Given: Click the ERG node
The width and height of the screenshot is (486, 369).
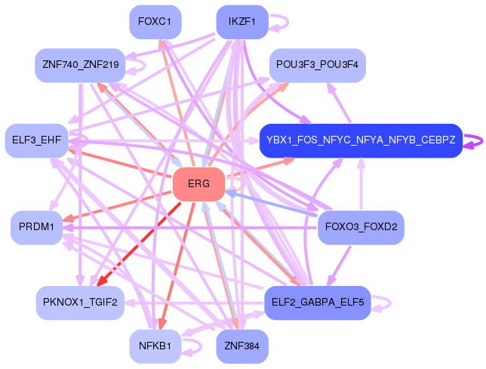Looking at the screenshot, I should pyautogui.click(x=198, y=184).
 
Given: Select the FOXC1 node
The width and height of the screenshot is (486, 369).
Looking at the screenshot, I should pyautogui.click(x=155, y=22).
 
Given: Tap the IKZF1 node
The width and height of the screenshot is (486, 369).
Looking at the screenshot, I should pyautogui.click(x=242, y=22).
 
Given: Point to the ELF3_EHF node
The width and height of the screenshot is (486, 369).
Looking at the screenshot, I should pyautogui.click(x=37, y=140).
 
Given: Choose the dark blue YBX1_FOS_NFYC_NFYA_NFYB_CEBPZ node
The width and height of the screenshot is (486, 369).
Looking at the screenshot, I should pyautogui.click(x=360, y=140).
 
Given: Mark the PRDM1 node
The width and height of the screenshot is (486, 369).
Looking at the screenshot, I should pyautogui.click(x=36, y=227).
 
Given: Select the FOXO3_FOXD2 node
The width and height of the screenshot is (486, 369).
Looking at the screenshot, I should pyautogui.click(x=361, y=227).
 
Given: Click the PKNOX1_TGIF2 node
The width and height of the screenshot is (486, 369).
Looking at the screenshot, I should pyautogui.click(x=80, y=302).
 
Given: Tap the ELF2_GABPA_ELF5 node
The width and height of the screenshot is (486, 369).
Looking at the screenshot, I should pyautogui.click(x=317, y=302).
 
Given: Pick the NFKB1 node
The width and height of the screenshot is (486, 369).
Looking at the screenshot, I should pyautogui.click(x=155, y=346).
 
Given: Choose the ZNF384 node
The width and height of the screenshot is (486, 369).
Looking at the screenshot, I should pyautogui.click(x=241, y=346).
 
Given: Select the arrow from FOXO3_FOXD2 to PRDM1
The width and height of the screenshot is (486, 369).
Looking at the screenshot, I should pyautogui.click(x=189, y=227).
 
